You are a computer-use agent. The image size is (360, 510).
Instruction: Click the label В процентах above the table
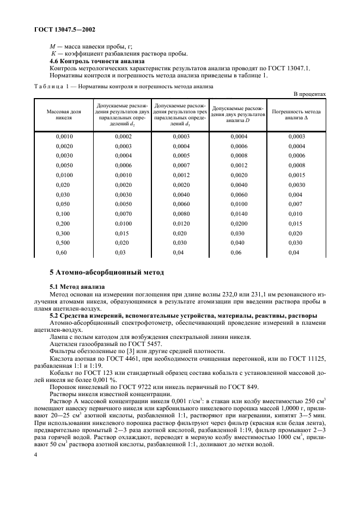tap(309, 94)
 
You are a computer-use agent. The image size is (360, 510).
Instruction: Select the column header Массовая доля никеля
tap(64, 114)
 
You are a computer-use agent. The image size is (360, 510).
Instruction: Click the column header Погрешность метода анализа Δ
tap(296, 114)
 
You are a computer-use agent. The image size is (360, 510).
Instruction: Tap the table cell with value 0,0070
tap(123, 214)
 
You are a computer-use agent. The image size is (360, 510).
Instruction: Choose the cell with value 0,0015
tap(297, 175)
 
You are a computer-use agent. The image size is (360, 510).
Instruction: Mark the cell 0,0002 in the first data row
tap(123, 136)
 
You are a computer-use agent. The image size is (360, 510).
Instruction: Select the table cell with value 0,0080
tap(181, 214)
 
